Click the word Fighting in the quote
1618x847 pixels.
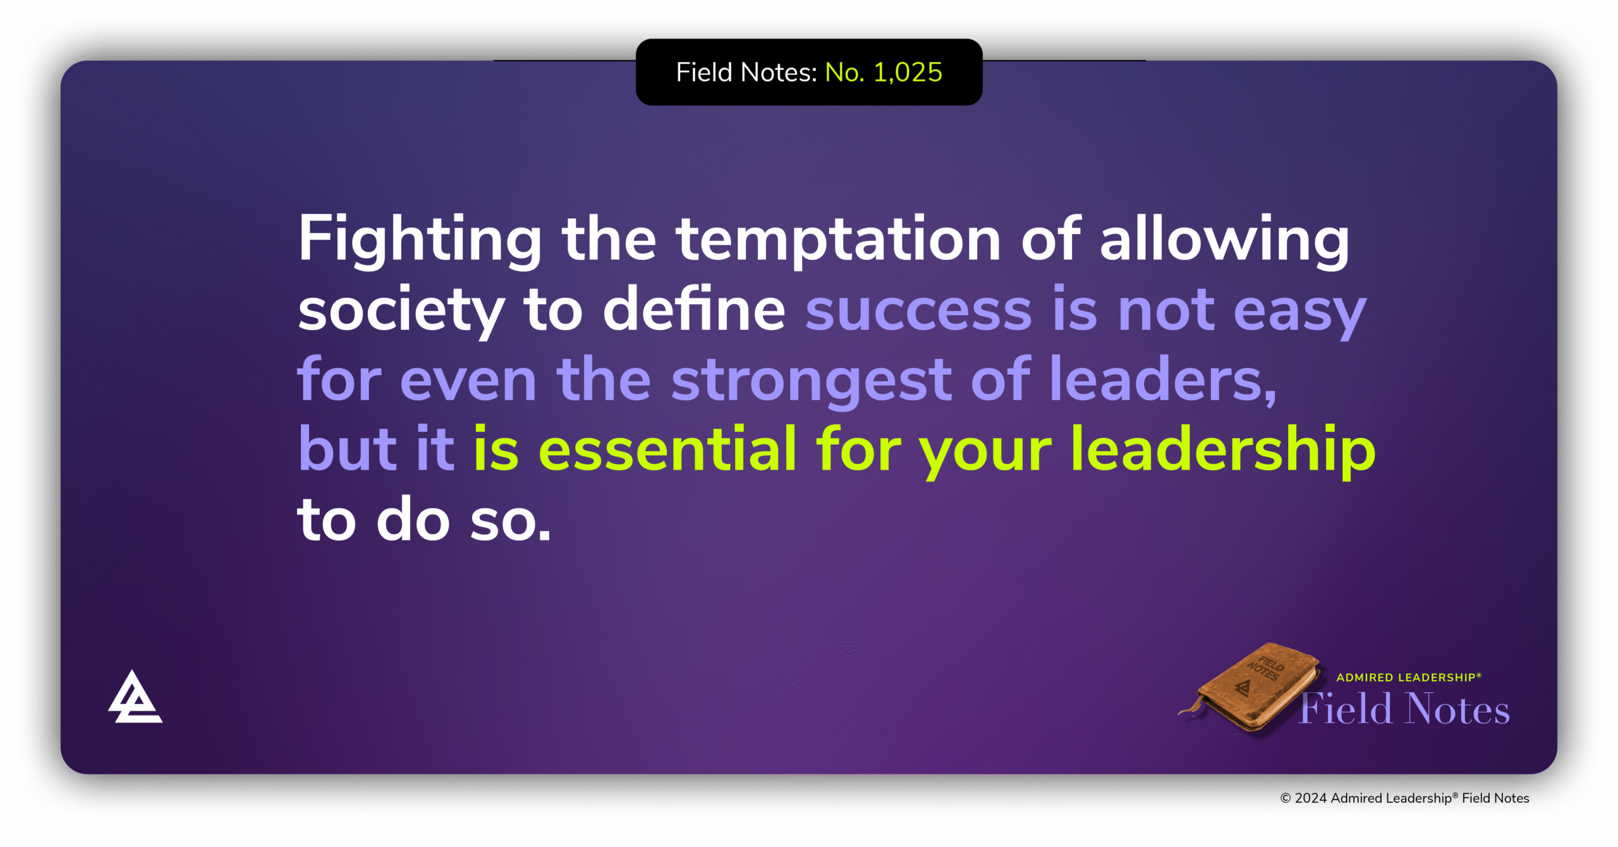click(420, 240)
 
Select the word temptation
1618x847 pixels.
click(838, 240)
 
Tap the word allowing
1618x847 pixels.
click(1224, 240)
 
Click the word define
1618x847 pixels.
click(693, 310)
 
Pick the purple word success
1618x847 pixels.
click(918, 310)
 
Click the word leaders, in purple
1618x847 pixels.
click(1163, 379)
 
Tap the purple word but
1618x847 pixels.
click(347, 449)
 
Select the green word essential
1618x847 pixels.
click(667, 449)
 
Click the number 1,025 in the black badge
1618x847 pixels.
click(908, 73)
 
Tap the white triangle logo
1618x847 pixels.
click(135, 698)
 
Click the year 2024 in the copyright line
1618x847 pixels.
click(1310, 798)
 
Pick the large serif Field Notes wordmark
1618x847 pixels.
click(1404, 709)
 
